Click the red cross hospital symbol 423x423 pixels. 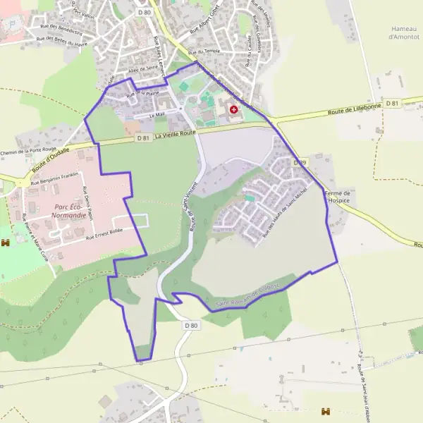pos(233,110)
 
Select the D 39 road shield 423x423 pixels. pos(301,163)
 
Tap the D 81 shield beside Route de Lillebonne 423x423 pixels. pos(393,104)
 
